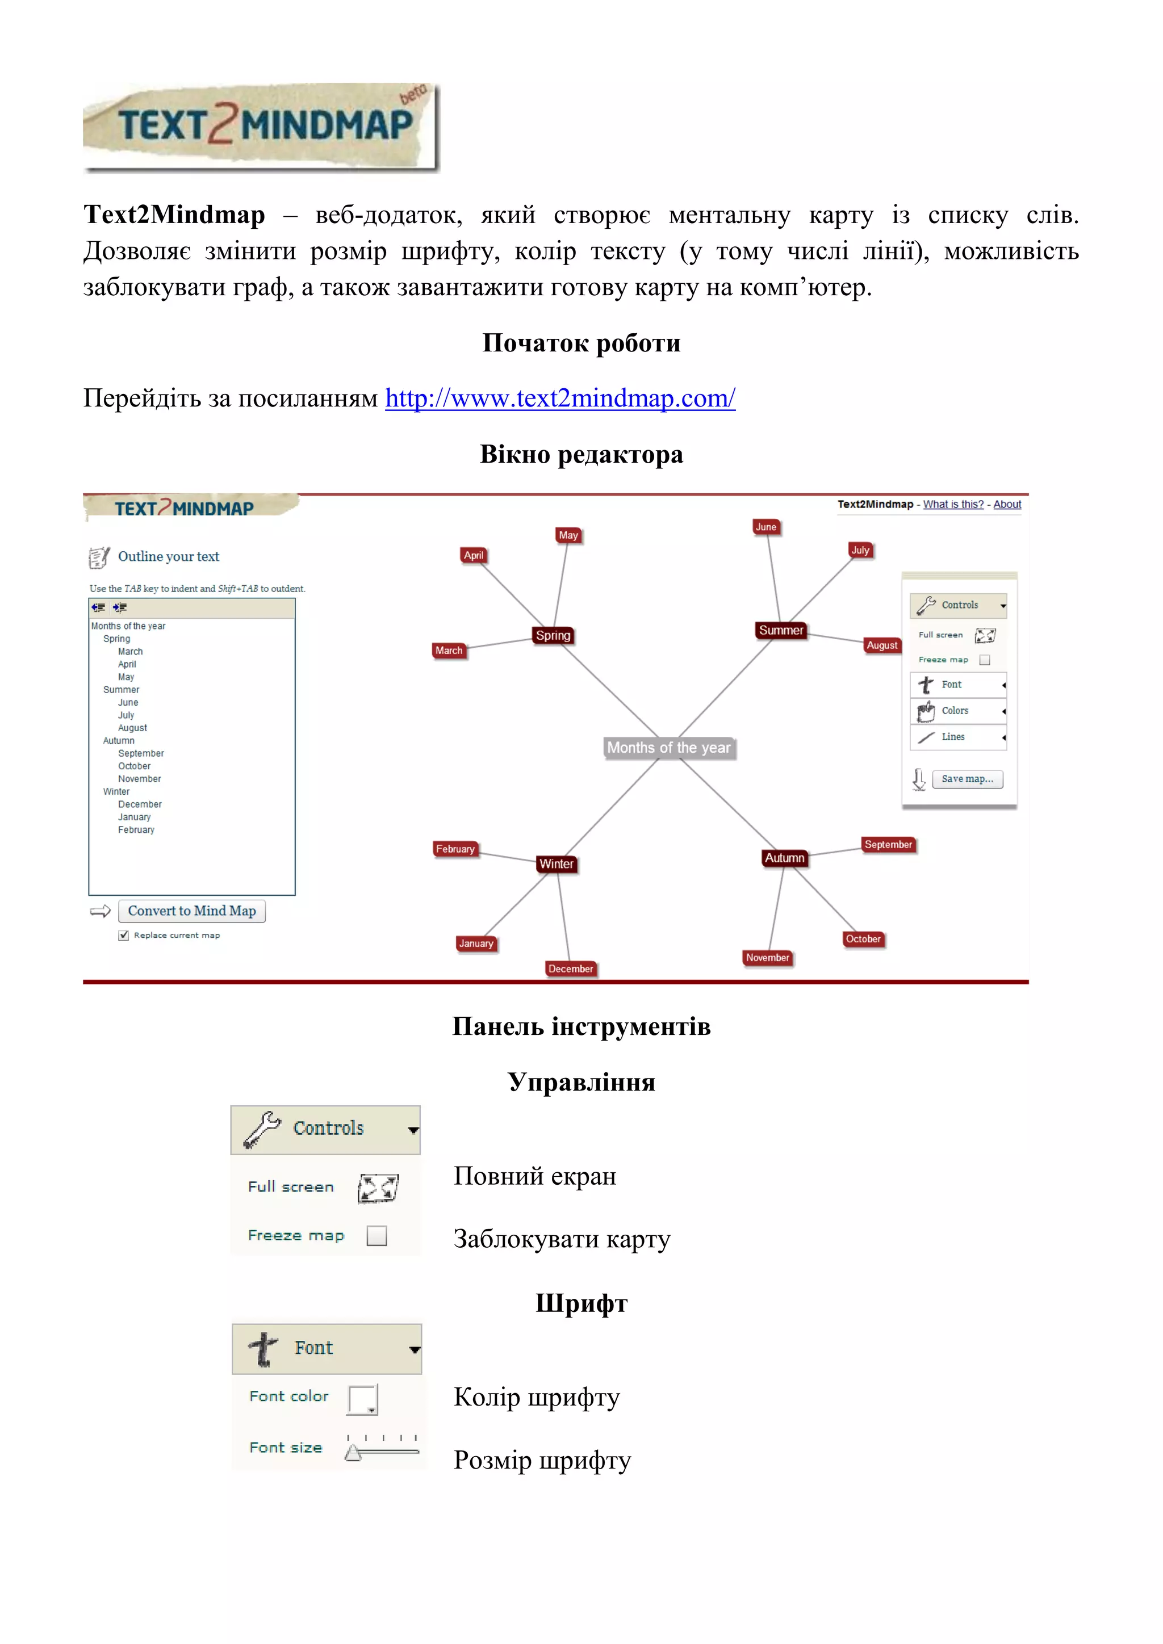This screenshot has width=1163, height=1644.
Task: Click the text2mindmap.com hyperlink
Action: coord(560,398)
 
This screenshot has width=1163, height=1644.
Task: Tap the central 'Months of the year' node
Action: coord(668,748)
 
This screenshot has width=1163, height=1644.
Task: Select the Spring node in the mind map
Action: coord(553,635)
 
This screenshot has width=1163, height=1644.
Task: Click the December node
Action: coord(570,969)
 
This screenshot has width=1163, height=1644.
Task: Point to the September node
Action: coord(888,845)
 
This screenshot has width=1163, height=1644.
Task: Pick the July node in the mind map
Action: coord(860,550)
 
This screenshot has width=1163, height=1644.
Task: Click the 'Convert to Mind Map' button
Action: coord(191,911)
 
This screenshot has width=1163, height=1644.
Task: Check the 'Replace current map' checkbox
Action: coord(124,935)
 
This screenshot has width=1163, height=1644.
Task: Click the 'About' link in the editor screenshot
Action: coord(1007,504)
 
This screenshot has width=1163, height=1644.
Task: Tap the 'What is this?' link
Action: coord(953,504)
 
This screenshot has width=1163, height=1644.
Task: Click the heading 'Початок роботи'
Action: coord(581,343)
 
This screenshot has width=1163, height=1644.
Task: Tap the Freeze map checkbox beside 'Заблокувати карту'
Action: coord(376,1235)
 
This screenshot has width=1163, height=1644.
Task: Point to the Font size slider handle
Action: coord(352,1453)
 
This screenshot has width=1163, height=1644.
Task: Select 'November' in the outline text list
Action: coord(139,779)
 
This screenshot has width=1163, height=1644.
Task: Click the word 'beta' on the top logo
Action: coord(413,94)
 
